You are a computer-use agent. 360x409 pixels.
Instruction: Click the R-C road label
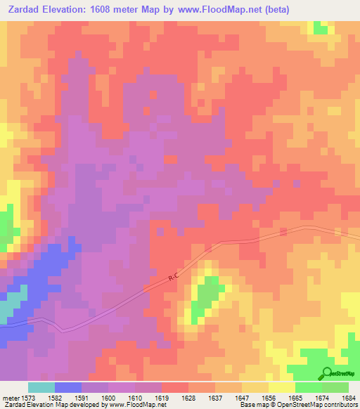(x=174, y=279)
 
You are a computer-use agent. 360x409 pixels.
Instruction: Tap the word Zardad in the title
(x=25, y=9)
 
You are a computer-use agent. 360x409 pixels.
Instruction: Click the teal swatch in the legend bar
(x=41, y=388)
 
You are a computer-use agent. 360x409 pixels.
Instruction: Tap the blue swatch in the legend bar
(x=68, y=388)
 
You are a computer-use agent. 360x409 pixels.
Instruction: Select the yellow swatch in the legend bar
(x=281, y=388)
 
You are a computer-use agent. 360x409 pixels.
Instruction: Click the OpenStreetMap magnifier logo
(x=326, y=374)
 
